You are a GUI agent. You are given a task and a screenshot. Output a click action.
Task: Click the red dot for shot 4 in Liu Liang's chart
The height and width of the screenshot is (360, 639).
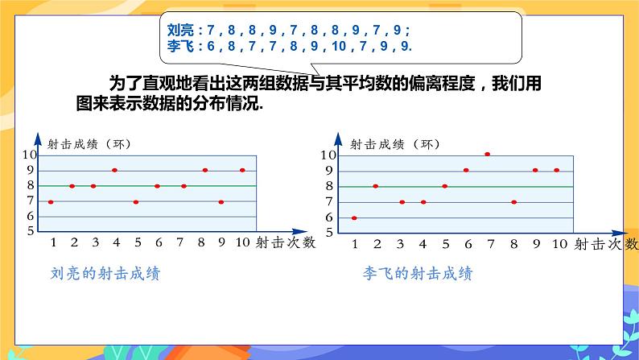(114, 170)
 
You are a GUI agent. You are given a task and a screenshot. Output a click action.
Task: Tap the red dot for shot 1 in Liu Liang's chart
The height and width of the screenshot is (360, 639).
(51, 201)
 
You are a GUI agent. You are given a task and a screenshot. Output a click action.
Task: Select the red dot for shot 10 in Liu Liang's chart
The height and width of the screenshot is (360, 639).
(242, 170)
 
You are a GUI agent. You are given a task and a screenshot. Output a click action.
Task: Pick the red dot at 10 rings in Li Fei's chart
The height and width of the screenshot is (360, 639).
(487, 154)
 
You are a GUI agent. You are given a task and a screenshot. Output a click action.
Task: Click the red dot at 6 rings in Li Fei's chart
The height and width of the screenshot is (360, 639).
(354, 217)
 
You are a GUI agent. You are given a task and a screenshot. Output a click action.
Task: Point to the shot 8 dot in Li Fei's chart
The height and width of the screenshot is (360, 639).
(513, 201)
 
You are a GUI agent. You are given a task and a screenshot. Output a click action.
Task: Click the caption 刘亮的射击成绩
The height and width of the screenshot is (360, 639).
(105, 274)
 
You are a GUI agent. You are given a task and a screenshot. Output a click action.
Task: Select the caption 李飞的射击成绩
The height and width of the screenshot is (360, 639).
(418, 274)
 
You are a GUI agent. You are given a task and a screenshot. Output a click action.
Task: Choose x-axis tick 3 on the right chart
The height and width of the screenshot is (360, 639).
(402, 242)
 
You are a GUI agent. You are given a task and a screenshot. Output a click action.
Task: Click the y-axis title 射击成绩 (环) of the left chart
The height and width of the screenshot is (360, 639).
(89, 143)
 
